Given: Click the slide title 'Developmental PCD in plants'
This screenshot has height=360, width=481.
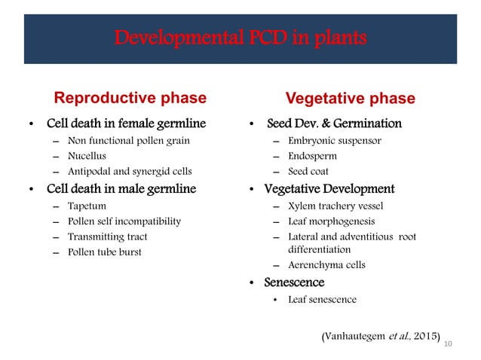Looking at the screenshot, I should pos(240,38).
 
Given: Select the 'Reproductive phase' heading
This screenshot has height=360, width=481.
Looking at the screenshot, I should pos(130,98).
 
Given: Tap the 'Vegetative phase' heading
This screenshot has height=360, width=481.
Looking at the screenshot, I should pos(349,99).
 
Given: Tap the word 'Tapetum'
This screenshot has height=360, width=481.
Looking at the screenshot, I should pos(87,205).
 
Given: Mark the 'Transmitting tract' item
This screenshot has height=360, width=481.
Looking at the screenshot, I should pos(107,236).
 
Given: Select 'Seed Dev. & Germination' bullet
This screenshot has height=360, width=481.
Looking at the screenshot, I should pos(335,124).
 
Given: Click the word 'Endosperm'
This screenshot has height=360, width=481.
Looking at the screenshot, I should pos(312,156).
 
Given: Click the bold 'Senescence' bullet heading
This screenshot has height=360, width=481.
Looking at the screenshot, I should pos(293,282).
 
